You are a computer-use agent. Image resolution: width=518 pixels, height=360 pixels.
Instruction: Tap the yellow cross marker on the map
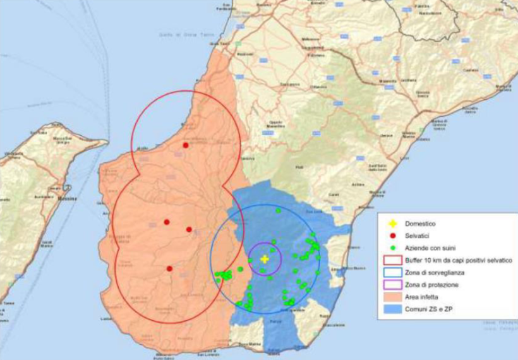(265, 259)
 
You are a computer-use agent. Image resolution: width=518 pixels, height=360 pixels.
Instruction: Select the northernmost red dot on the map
(186, 145)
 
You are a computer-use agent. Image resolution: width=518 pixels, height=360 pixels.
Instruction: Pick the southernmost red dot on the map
(169, 268)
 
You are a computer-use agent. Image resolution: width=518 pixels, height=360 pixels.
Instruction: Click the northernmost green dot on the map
(278, 210)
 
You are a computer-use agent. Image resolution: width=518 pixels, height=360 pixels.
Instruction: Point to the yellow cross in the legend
(392, 224)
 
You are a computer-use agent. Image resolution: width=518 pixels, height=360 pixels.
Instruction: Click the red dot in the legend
(392, 236)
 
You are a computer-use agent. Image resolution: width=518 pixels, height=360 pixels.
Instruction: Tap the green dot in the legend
(392, 248)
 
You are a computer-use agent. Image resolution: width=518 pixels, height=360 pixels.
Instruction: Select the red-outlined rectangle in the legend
(392, 260)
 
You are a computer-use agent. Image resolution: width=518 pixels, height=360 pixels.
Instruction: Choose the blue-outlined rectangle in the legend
(392, 272)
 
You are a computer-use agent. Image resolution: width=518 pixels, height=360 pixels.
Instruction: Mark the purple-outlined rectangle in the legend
(392, 285)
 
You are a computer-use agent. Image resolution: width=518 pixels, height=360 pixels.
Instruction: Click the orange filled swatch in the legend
(392, 297)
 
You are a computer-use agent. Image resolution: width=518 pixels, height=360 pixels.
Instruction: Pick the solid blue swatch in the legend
(392, 309)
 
